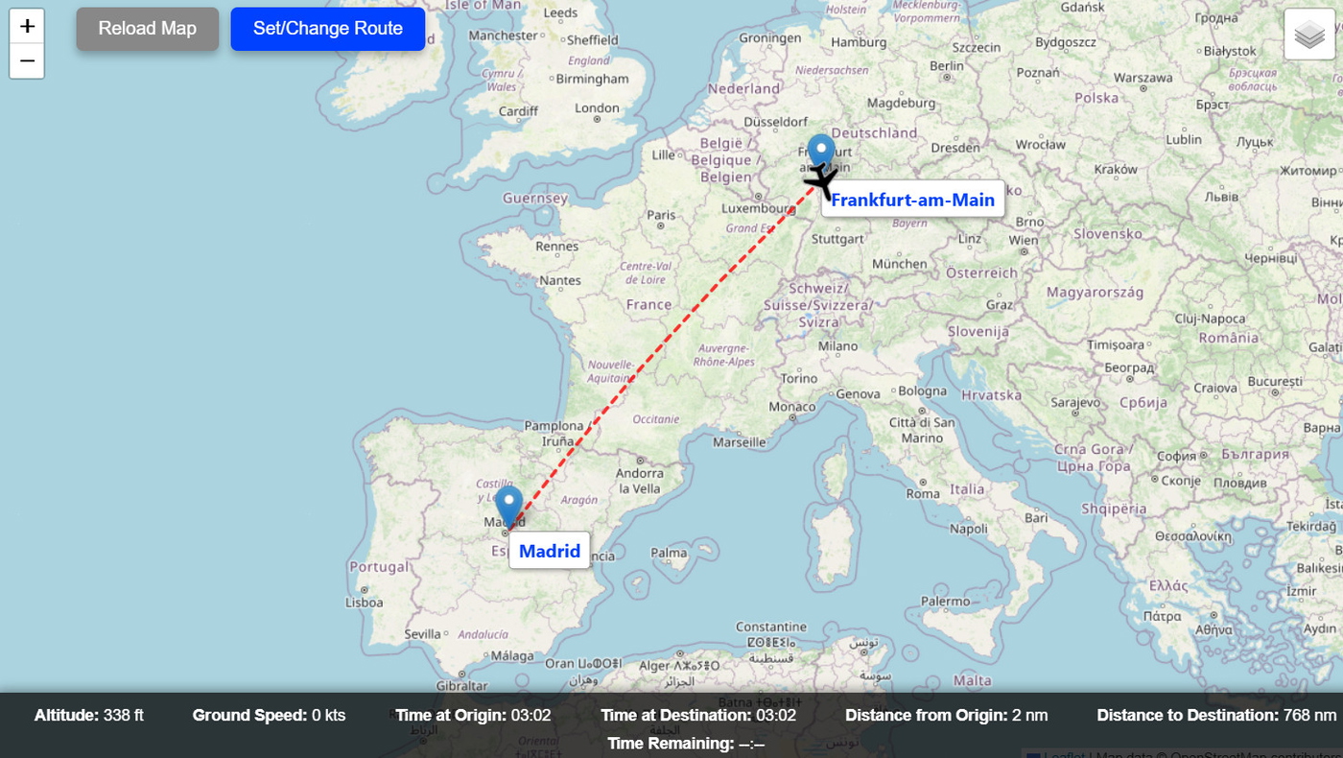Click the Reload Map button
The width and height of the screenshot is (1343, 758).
coord(147,29)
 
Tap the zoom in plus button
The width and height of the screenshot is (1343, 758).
coord(27,26)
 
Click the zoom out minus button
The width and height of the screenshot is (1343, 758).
coord(27,61)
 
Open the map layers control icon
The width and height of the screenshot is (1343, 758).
coord(1308,36)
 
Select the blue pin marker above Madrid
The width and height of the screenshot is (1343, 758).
coord(509,506)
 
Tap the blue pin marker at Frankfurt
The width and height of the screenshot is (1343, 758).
coord(821,152)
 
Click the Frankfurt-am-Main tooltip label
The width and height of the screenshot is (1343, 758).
coord(912,200)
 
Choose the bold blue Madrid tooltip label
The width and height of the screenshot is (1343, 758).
coord(549,551)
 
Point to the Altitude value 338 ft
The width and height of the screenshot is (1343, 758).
coord(124,715)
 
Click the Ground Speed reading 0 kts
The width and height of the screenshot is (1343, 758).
coord(328,715)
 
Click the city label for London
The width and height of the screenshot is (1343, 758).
coord(597,107)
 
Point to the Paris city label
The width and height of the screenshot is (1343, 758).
coord(661,215)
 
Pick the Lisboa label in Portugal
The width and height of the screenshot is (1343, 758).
coord(364,603)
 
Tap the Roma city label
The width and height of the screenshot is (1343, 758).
coord(923,493)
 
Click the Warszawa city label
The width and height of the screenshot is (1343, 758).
coord(1143,78)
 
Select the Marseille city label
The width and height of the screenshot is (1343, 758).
coord(740,442)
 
